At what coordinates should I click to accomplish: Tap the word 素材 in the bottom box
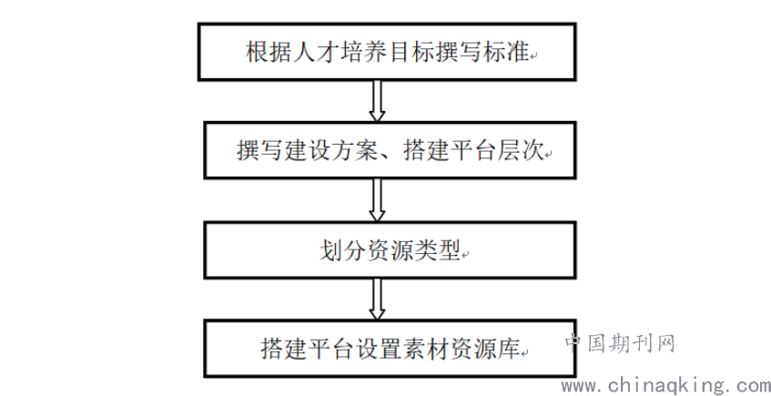coord(426,349)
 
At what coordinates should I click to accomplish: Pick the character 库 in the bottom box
coord(509,349)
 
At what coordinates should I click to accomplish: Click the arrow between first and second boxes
coord(377,101)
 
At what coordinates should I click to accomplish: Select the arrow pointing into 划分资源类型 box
coord(377,200)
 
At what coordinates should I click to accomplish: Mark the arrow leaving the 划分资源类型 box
coord(377,300)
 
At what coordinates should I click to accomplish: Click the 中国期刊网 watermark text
coord(620,343)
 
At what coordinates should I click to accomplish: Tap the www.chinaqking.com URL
coord(666,386)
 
